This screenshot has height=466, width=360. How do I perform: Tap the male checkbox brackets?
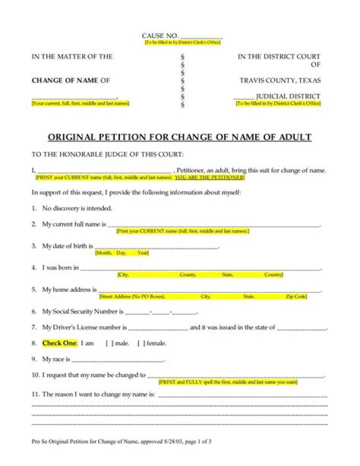(109, 343)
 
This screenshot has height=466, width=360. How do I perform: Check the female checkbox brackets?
(141, 343)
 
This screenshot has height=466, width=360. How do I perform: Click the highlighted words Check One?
(58, 343)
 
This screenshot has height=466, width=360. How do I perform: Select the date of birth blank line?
(156, 247)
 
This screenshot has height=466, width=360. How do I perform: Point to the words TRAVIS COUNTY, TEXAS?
(280, 81)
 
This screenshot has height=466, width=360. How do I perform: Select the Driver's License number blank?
(158, 329)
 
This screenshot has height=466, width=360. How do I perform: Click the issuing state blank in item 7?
(301, 329)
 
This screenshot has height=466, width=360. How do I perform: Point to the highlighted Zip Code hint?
(295, 297)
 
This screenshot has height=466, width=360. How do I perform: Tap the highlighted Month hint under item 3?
(104, 253)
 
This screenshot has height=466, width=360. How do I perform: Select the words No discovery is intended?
(77, 208)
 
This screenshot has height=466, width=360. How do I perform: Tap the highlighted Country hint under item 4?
(273, 275)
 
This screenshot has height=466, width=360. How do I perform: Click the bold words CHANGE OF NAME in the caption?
(65, 81)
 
